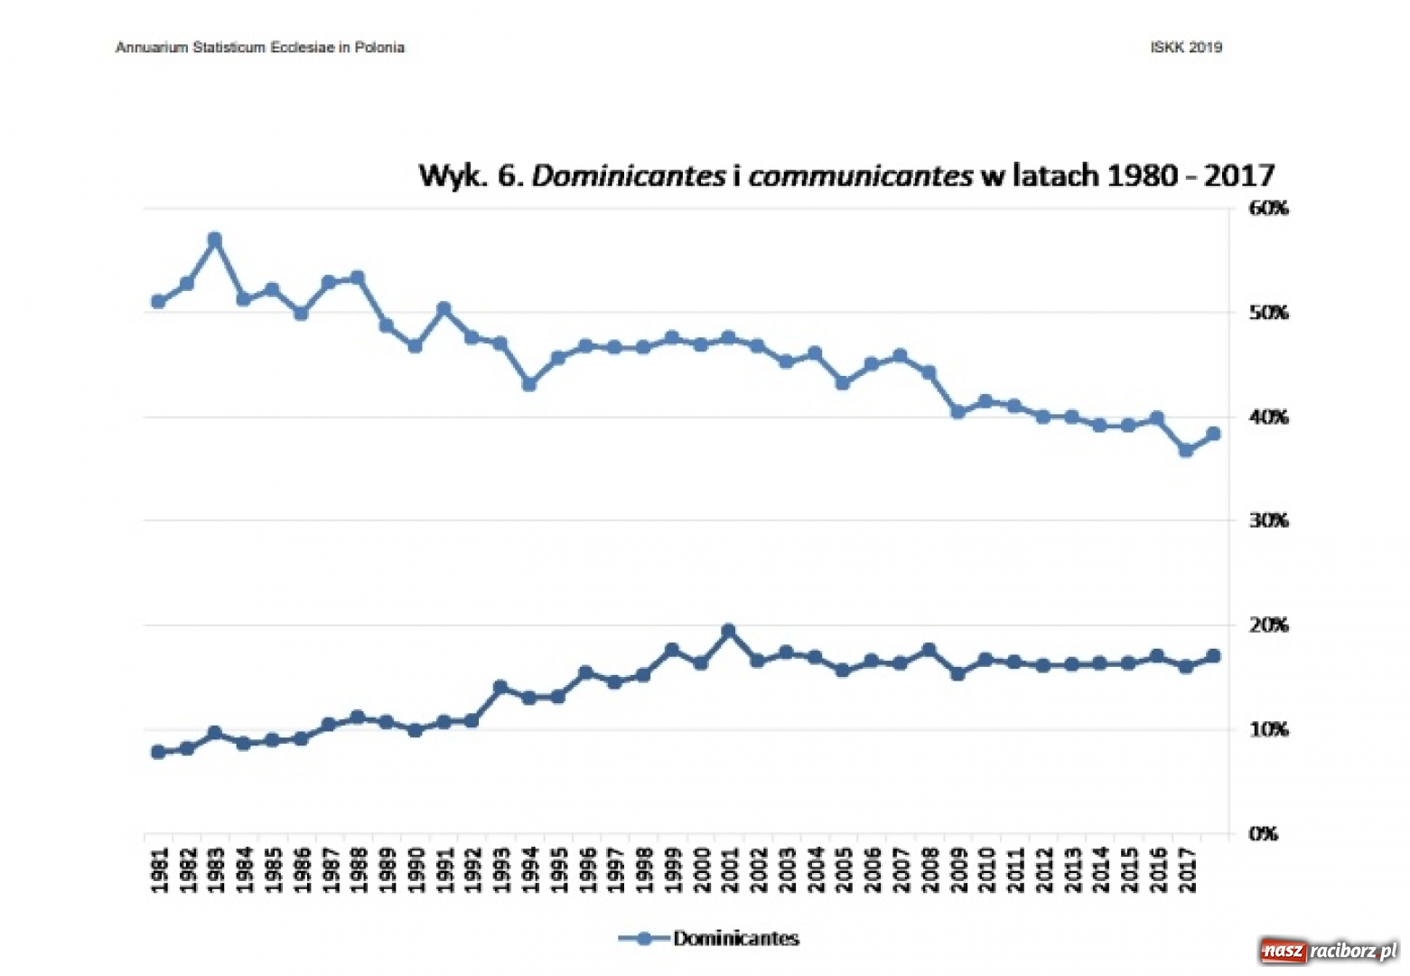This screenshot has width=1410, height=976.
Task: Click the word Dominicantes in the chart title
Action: coord(628,175)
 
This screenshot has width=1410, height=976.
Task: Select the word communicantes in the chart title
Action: coord(860,175)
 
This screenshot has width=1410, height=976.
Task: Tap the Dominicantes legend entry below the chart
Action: coord(709,938)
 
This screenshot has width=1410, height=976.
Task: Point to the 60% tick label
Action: coord(1268,208)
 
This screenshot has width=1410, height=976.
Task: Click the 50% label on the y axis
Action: coord(1268,313)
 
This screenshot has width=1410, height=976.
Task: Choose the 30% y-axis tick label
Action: coord(1268,521)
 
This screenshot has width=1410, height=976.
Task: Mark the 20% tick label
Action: coord(1268,625)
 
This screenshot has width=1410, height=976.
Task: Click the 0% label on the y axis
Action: coord(1263,834)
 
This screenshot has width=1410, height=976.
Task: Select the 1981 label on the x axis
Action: coord(160,869)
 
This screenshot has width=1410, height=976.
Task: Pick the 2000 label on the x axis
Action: coord(702,869)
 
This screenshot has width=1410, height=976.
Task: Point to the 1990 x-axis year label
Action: coord(416,869)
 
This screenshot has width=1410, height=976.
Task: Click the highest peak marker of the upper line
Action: coord(215,240)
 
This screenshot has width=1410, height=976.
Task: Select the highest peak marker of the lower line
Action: coord(729,631)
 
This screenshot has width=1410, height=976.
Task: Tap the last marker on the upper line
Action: coord(1213,434)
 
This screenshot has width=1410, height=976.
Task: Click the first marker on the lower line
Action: coord(159,752)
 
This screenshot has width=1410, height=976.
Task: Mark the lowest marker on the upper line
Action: coord(1186,450)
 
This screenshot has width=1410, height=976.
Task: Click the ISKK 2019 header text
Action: coord(1186,48)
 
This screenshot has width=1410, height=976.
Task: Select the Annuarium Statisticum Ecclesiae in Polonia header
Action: coord(260,48)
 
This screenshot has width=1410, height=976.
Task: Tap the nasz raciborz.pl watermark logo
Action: coord(1329,951)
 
